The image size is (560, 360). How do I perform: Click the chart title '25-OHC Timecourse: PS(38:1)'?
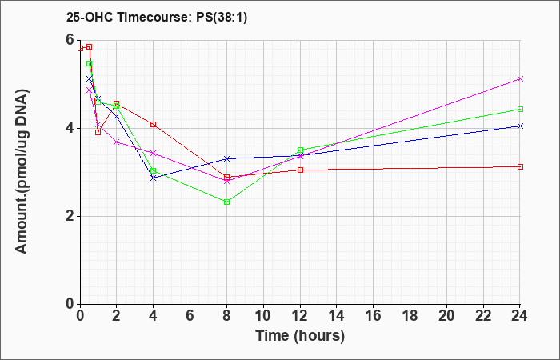(157, 17)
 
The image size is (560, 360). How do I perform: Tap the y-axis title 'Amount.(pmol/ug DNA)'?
(22, 171)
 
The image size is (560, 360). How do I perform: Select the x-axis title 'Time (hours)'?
(300, 336)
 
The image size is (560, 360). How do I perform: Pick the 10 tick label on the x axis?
(263, 316)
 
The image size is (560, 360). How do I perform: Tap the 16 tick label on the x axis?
(374, 316)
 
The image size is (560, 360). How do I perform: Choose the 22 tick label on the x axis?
(483, 316)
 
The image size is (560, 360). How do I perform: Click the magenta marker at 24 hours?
(520, 79)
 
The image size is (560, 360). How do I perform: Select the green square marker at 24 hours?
(520, 110)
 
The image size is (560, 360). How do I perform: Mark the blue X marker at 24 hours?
(520, 126)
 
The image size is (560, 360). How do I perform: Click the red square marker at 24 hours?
(520, 166)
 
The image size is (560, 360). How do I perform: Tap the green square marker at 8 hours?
(226, 202)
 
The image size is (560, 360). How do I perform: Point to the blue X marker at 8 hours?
(226, 158)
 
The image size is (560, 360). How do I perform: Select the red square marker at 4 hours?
(154, 124)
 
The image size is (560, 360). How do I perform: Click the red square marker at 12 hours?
(300, 170)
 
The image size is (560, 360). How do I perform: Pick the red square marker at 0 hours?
(80, 49)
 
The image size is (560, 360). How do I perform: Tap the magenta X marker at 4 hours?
(154, 153)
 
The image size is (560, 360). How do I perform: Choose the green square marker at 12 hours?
(300, 150)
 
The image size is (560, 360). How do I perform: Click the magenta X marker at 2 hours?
(117, 142)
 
